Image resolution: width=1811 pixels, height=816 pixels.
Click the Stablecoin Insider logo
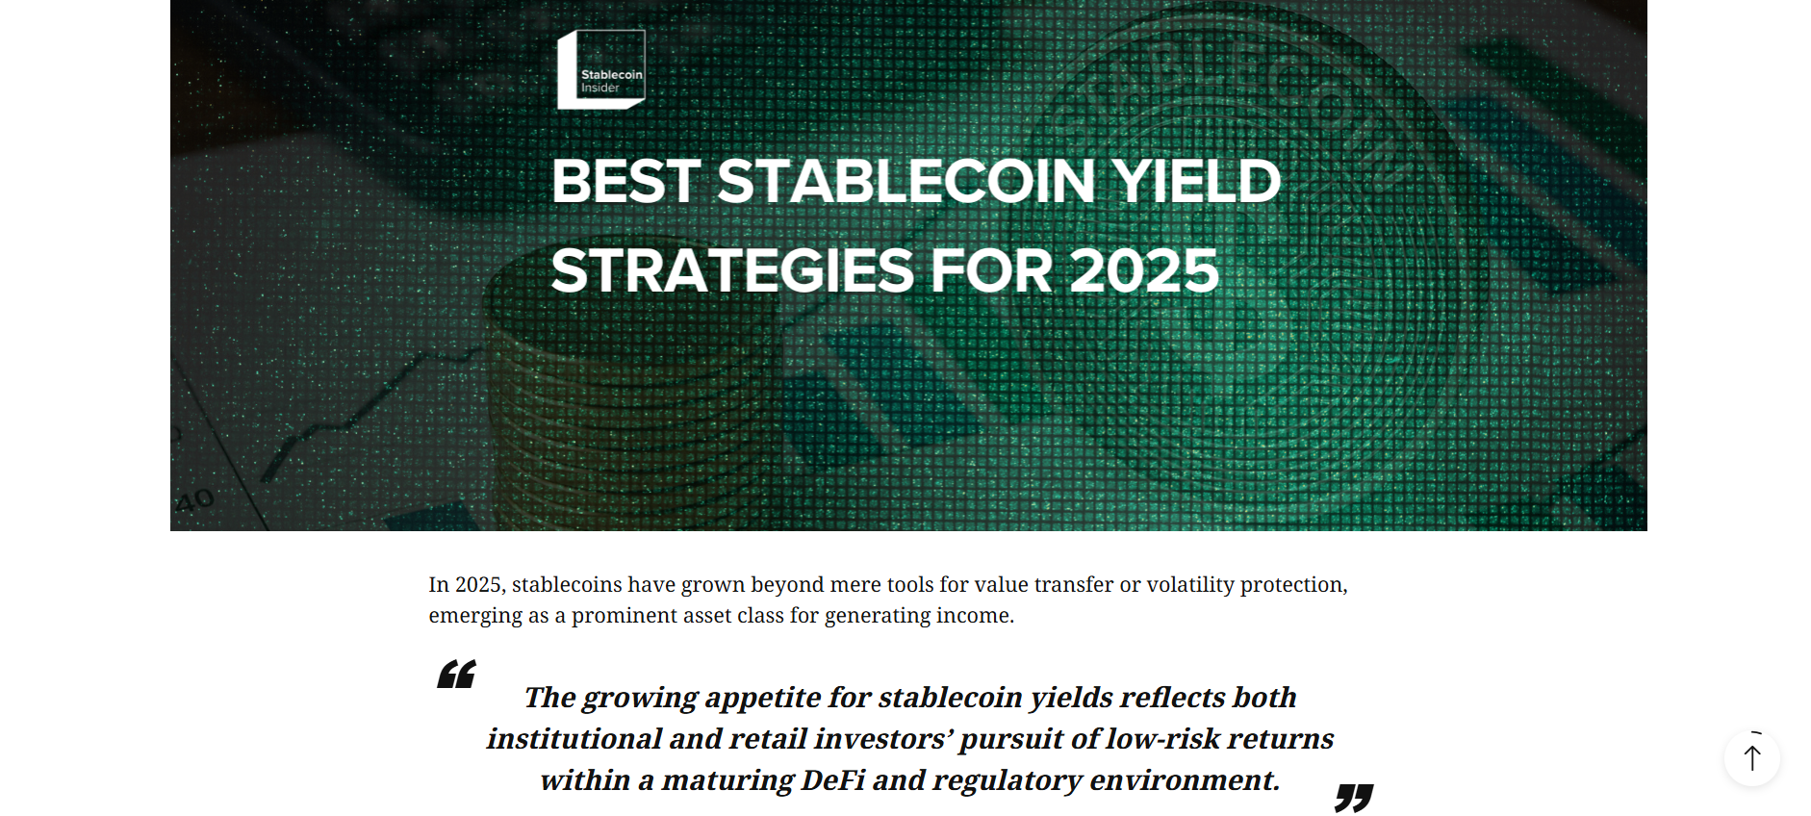pyautogui.click(x=601, y=69)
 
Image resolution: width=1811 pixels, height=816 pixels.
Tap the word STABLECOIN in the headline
pyautogui.click(x=906, y=181)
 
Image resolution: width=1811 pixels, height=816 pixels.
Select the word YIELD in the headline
pyautogui.click(x=1196, y=181)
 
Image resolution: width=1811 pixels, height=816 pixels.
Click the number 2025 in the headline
pyautogui.click(x=1144, y=270)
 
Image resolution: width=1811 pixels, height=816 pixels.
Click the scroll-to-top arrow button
pyautogui.click(x=1752, y=758)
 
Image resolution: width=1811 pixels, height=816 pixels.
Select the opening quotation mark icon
pyautogui.click(x=456, y=674)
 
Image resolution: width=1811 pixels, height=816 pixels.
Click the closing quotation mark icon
pyautogui.click(x=1354, y=798)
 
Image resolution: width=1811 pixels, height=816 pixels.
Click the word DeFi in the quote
pyautogui.click(x=833, y=779)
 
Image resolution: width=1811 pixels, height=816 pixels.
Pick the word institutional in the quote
pyautogui.click(x=574, y=738)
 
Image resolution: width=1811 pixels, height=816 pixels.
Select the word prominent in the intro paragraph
pyautogui.click(x=625, y=616)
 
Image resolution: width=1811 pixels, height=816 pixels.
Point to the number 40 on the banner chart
pyautogui.click(x=194, y=500)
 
